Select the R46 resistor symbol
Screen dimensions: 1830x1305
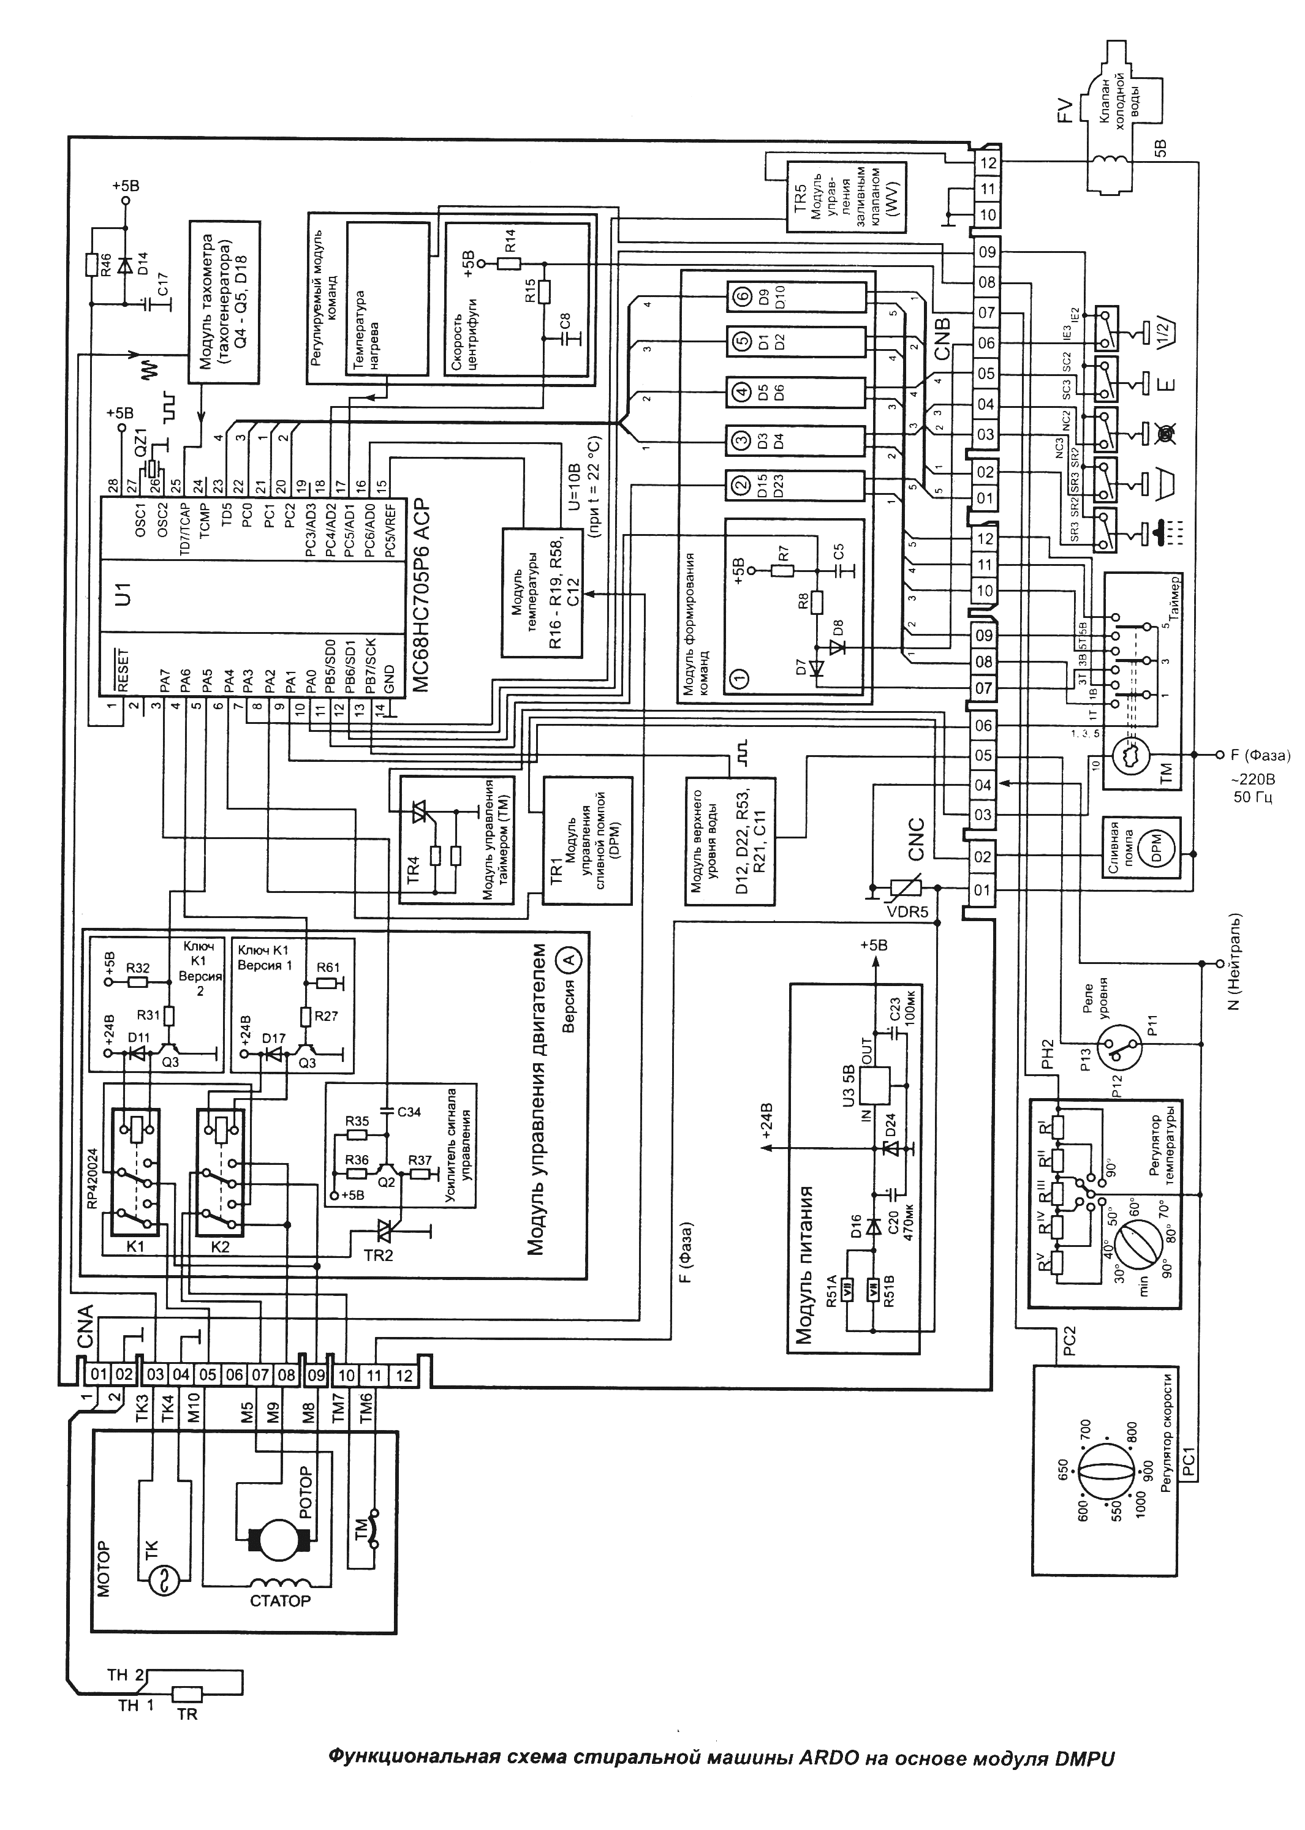click(x=92, y=266)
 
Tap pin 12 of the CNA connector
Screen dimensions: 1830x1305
click(x=404, y=1376)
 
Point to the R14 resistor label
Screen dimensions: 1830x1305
click(x=510, y=239)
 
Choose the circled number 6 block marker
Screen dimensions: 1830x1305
click(x=740, y=298)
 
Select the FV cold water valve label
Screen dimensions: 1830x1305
click(x=1065, y=111)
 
